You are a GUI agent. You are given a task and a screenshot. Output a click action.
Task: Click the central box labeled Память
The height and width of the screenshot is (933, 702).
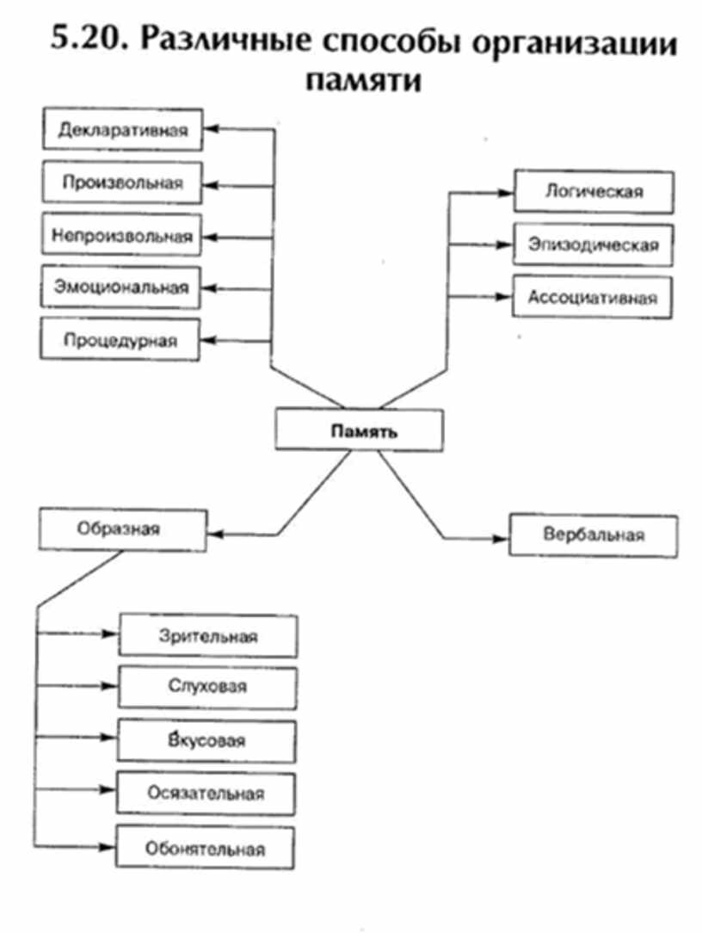pyautogui.click(x=360, y=430)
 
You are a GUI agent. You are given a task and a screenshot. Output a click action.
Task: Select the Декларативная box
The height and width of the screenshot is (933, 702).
pyautogui.click(x=122, y=130)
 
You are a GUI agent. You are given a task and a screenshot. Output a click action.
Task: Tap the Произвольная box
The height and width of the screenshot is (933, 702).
pyautogui.click(x=122, y=182)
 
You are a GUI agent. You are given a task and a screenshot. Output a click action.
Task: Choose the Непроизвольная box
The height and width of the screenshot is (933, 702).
pyautogui.click(x=121, y=234)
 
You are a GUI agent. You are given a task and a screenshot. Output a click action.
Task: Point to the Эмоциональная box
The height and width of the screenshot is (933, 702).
pyautogui.click(x=121, y=287)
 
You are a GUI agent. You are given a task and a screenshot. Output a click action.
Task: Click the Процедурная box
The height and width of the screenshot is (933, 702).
pyautogui.click(x=120, y=339)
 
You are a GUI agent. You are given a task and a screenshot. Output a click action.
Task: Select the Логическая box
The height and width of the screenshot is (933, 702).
pyautogui.click(x=593, y=191)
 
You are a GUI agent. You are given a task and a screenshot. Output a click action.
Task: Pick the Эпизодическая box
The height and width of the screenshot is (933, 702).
pyautogui.click(x=593, y=244)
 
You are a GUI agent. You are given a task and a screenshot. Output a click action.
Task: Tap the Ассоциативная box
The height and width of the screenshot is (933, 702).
pyautogui.click(x=593, y=298)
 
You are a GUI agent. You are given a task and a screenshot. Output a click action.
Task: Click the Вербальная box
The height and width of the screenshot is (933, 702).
pyautogui.click(x=594, y=534)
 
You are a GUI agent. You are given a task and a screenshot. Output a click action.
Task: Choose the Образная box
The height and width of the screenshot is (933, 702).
pyautogui.click(x=122, y=528)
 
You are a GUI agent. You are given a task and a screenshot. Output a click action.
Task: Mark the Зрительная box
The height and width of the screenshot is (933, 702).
pyautogui.click(x=208, y=636)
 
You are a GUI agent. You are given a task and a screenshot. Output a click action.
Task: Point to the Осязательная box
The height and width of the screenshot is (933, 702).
pyautogui.click(x=206, y=794)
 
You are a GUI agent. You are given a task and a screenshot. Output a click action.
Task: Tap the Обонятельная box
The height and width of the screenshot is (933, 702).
pyautogui.click(x=206, y=848)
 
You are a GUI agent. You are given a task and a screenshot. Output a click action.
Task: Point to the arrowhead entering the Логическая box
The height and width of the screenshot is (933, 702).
pyautogui.click(x=506, y=192)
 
